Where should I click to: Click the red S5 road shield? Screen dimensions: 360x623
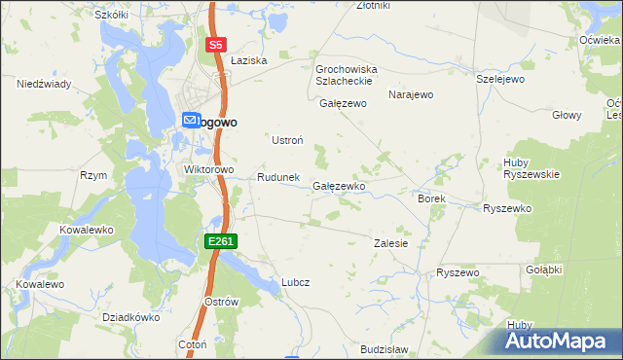215,45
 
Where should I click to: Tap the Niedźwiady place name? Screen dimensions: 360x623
44,84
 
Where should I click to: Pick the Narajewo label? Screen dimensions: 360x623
410,94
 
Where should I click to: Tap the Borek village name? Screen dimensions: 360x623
431,198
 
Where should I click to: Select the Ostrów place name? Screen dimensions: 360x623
222,302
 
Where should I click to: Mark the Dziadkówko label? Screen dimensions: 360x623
130,317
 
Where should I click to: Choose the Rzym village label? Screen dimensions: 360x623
93,175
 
